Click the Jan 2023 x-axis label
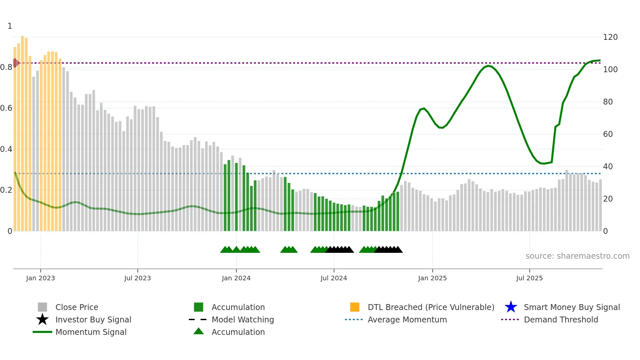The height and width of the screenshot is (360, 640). click(x=40, y=278)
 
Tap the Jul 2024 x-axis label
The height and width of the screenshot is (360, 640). click(x=334, y=278)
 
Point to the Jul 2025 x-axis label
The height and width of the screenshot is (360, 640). click(x=529, y=278)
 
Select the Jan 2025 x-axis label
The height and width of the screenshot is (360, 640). click(x=432, y=278)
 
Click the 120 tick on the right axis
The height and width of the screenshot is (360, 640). click(x=610, y=37)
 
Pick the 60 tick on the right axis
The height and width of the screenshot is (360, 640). click(x=608, y=134)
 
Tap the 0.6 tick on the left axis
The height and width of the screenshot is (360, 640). click(x=6, y=108)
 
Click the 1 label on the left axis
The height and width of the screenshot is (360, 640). click(x=10, y=26)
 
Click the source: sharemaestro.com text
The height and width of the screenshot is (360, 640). click(x=577, y=256)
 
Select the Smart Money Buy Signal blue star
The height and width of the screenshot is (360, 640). click(x=511, y=307)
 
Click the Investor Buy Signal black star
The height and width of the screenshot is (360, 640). click(x=42, y=319)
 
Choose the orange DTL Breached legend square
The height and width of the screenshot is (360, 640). click(x=355, y=307)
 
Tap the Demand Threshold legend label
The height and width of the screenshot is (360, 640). click(x=561, y=319)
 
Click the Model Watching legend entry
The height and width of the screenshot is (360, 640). click(x=242, y=319)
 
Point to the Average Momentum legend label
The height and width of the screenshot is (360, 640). click(x=407, y=319)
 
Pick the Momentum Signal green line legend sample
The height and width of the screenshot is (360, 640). click(x=42, y=332)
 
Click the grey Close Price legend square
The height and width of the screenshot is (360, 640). click(x=42, y=307)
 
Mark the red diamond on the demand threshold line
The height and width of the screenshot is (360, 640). click(x=15, y=63)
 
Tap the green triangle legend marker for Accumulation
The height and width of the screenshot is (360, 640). click(x=199, y=332)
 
